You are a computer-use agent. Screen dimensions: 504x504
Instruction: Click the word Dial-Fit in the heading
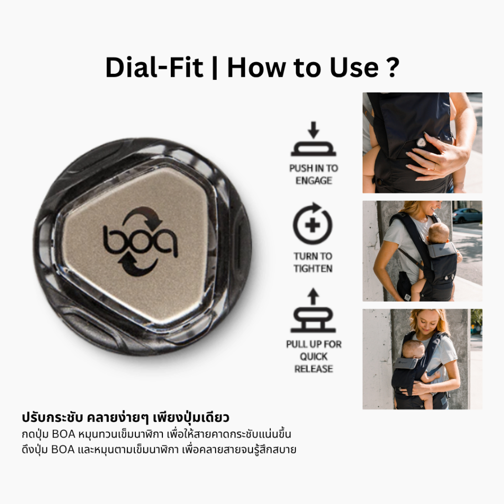(x=154, y=67)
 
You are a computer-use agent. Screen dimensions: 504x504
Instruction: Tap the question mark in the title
(x=392, y=67)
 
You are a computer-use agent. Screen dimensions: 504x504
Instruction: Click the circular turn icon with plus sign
(x=313, y=224)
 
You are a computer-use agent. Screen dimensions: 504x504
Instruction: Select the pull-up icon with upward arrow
(x=313, y=310)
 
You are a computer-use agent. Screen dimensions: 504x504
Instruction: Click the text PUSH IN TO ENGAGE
(x=314, y=174)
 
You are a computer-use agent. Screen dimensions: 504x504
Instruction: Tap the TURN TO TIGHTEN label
(x=313, y=262)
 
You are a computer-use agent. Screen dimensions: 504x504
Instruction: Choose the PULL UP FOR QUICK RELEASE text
(x=314, y=356)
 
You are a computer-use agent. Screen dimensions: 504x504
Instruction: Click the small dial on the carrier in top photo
(x=421, y=142)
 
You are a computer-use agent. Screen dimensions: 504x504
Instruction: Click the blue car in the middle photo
(x=467, y=215)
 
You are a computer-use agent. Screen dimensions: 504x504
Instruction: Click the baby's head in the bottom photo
(x=413, y=349)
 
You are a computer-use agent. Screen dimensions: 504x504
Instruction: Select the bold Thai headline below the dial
(x=126, y=417)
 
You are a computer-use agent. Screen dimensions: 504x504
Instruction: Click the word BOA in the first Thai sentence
(x=63, y=434)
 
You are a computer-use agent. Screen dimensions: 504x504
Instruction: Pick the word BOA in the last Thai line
(x=63, y=449)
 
